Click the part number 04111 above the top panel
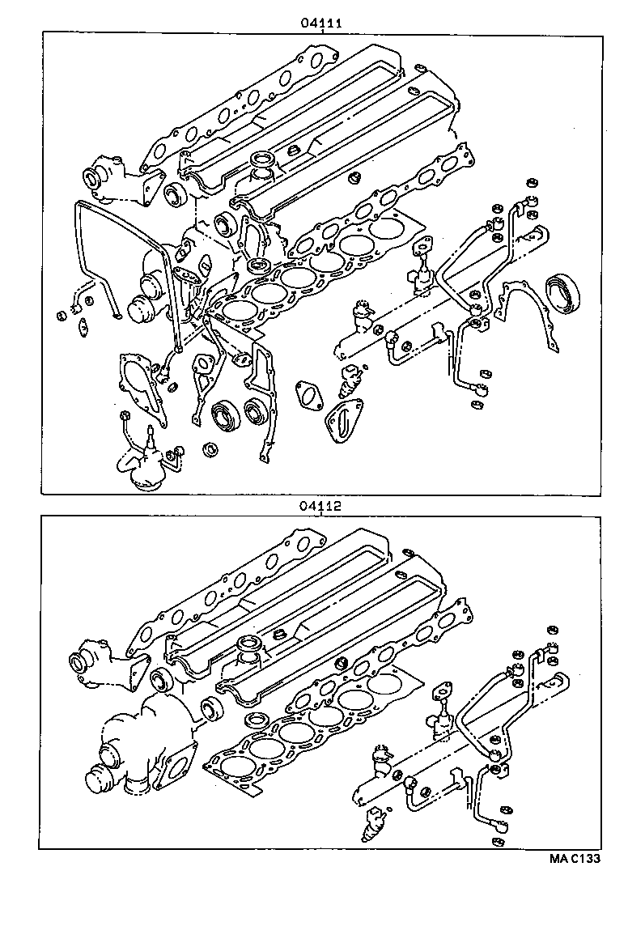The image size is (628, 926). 322,23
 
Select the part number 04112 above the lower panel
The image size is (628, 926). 322,507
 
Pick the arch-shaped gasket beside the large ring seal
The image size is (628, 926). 528,316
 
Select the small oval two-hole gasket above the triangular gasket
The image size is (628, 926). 309,394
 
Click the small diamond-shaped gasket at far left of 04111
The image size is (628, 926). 83,329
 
